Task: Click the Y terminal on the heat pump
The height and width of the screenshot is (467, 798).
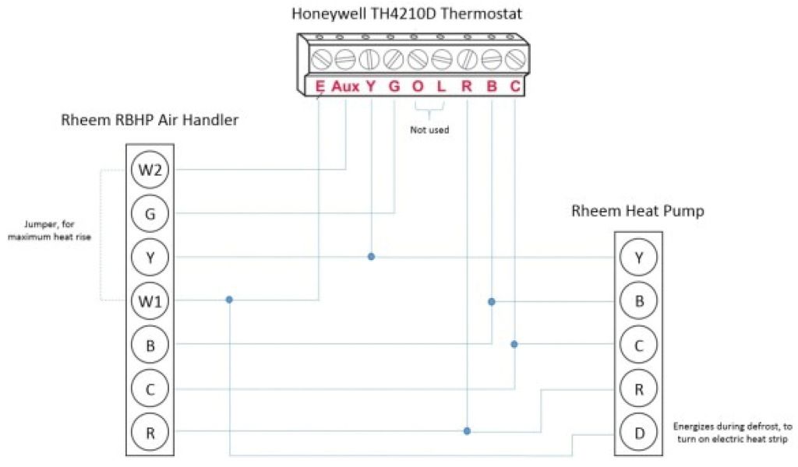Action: pyautogui.click(x=639, y=258)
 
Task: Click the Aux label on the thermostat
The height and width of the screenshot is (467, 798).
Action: pyautogui.click(x=345, y=87)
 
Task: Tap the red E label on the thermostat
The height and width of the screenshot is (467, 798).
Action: pyautogui.click(x=320, y=87)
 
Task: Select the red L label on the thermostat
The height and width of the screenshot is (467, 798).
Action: pyautogui.click(x=441, y=87)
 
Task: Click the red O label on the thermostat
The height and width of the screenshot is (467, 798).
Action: pyautogui.click(x=418, y=87)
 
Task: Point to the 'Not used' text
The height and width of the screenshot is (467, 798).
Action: pyautogui.click(x=429, y=130)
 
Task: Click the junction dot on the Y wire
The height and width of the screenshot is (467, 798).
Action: pyautogui.click(x=371, y=256)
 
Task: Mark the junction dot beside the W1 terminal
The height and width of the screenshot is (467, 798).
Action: pyautogui.click(x=229, y=300)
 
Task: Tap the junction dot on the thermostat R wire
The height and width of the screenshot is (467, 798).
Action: pyautogui.click(x=467, y=430)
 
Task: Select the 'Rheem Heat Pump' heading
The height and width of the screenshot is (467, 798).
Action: pyautogui.click(x=638, y=211)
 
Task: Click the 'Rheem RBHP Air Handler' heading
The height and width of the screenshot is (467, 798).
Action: pyautogui.click(x=150, y=121)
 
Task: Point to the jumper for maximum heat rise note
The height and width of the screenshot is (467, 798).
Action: pyautogui.click(x=49, y=230)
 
